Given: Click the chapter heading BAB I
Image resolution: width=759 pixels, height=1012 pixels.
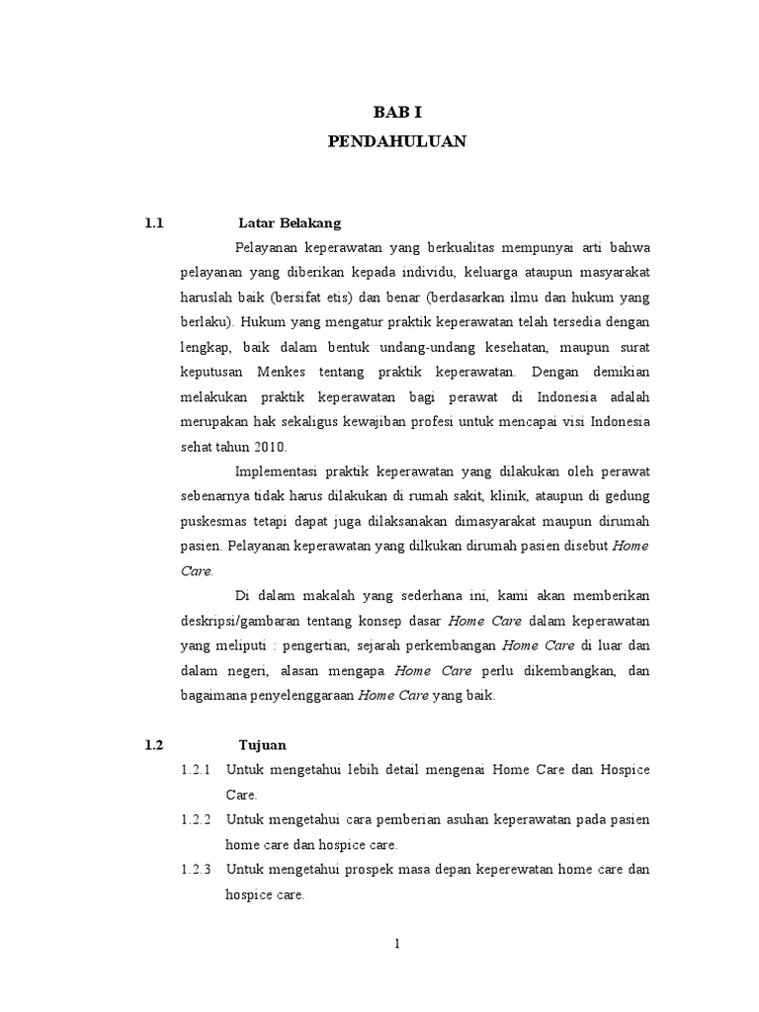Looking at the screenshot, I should (x=395, y=115).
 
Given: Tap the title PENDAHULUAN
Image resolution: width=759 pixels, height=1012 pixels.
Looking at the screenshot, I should (x=395, y=142).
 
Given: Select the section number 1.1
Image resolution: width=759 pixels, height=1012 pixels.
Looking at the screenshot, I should (x=152, y=223).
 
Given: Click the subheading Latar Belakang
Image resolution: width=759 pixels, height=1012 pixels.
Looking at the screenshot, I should (x=290, y=223).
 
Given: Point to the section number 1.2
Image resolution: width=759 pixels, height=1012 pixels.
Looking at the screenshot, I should (x=152, y=744).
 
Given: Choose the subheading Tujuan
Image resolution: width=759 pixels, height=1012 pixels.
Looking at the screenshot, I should (x=262, y=744).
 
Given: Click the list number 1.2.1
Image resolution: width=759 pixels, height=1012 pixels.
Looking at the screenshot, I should (x=198, y=769).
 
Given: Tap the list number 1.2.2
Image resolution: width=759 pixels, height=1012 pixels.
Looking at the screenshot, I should (x=198, y=820).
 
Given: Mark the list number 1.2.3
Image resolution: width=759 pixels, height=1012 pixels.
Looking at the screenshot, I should (x=198, y=871).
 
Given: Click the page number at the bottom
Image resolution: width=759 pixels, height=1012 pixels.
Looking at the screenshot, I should (x=396, y=944).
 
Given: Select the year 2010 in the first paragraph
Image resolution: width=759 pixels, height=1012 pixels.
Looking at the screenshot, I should (x=264, y=446).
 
